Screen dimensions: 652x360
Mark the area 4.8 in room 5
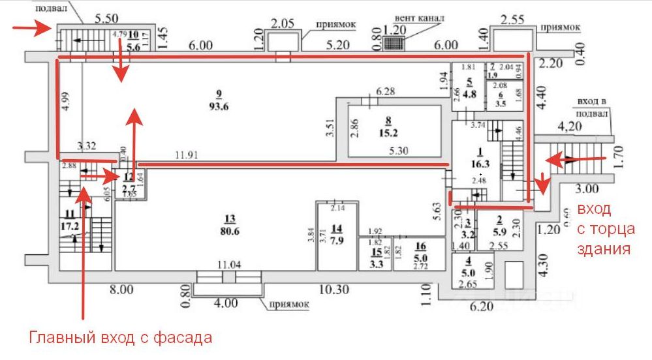tap(469, 93)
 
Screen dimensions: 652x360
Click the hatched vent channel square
tap(393, 43)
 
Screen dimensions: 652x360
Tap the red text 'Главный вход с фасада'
tap(120, 338)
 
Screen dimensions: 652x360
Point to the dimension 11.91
tap(187, 156)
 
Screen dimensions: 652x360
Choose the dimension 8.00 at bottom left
tap(121, 289)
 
